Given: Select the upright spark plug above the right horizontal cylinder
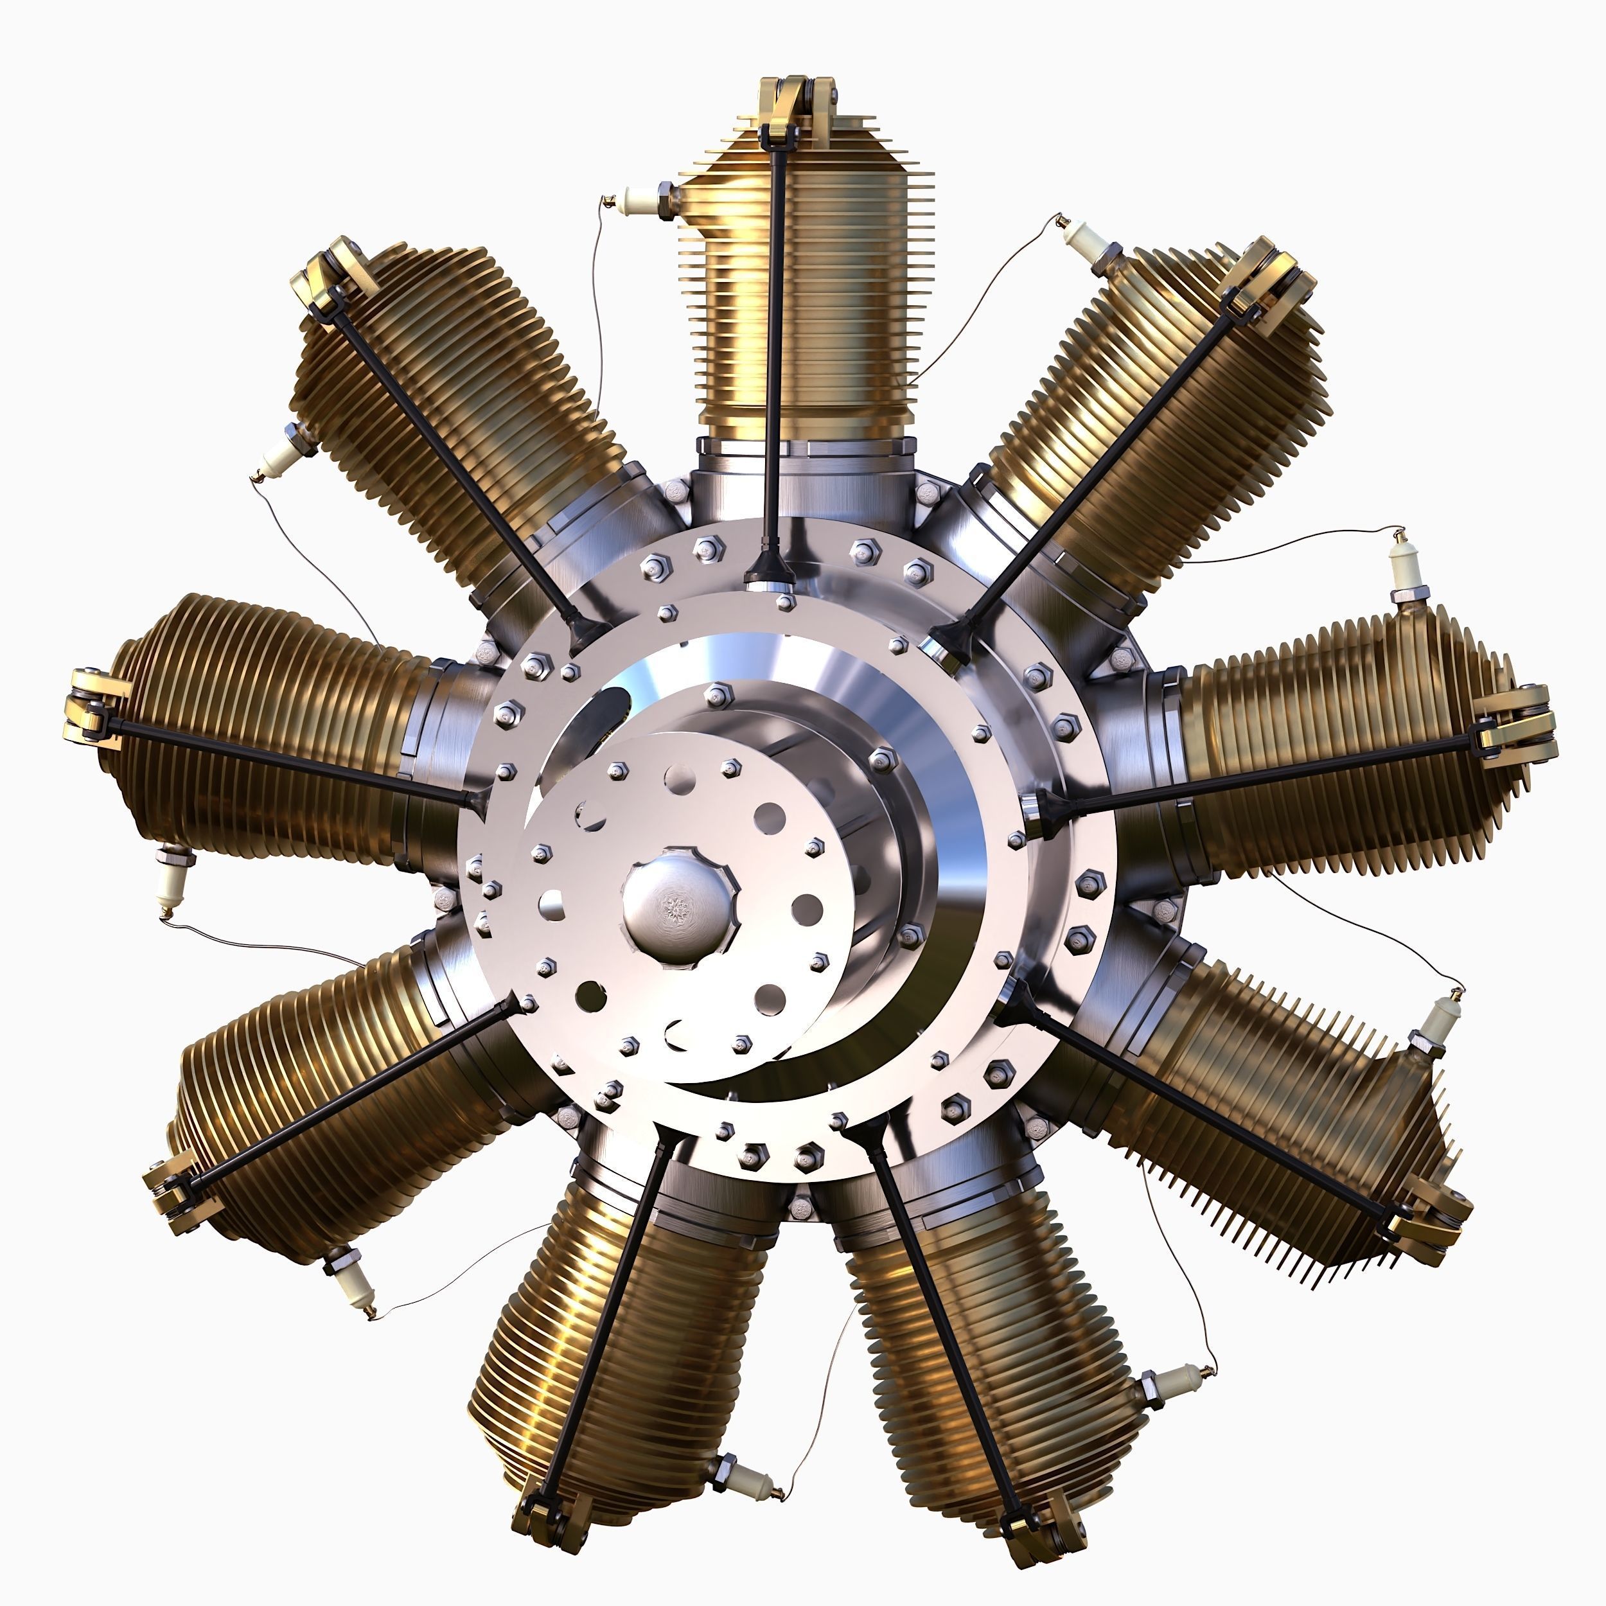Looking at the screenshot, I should coord(1405,569).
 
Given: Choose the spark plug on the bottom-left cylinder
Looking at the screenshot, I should coord(743,1479).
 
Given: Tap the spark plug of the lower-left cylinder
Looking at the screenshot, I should coord(349,1272).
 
